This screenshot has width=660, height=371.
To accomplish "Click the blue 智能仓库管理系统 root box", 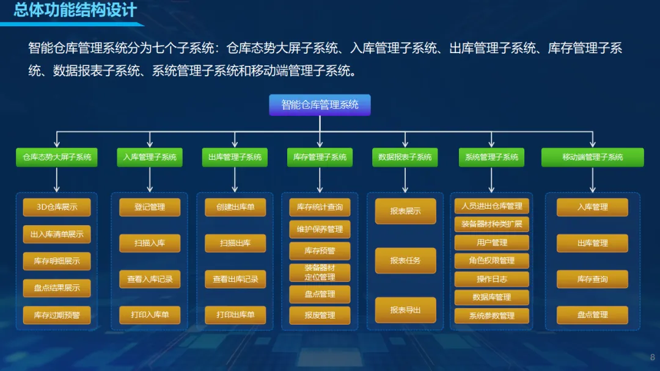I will tap(320, 105).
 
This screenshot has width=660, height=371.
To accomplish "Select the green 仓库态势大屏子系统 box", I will tap(56, 157).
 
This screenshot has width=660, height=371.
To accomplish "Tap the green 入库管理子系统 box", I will tap(150, 157).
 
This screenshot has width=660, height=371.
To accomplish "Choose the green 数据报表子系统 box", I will tap(405, 157).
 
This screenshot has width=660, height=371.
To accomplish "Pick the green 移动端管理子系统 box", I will tap(592, 157).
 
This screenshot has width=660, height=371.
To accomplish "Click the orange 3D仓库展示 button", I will tap(57, 207).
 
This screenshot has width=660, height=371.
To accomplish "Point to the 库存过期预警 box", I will tap(57, 315).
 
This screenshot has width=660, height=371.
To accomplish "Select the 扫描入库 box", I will tap(150, 243).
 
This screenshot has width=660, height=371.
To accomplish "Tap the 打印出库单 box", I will tap(235, 315).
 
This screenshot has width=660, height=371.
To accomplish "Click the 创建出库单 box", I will tap(235, 207).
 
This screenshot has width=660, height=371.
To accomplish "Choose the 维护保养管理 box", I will tap(320, 229).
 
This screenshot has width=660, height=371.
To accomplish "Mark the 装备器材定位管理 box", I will tap(320, 272).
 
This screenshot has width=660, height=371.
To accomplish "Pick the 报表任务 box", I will tap(405, 261).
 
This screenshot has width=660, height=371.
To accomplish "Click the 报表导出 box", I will tap(405, 310).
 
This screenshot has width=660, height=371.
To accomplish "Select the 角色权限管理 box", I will tap(491, 261).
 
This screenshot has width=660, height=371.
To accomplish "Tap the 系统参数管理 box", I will tap(491, 315).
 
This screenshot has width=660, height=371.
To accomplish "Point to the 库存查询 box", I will tap(592, 279).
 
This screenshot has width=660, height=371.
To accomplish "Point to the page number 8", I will tap(652, 358).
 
